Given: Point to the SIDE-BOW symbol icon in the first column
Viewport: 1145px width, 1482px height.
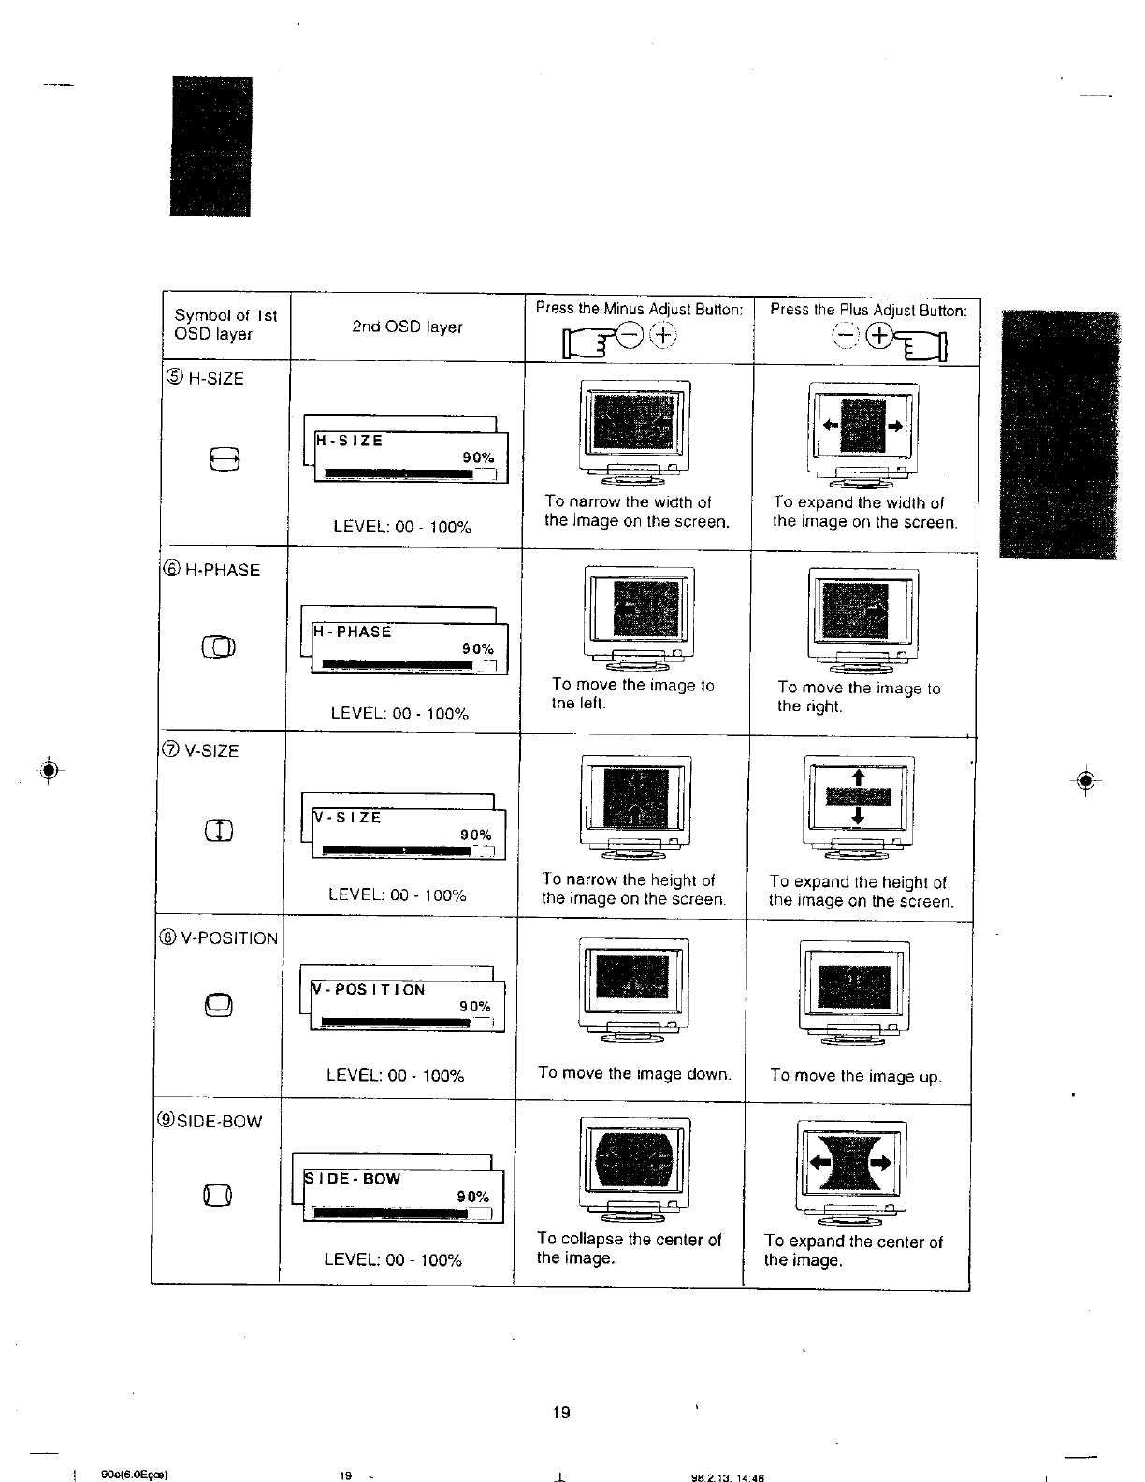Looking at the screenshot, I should click(218, 1194).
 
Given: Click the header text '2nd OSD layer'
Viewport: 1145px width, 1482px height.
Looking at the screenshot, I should click(408, 327).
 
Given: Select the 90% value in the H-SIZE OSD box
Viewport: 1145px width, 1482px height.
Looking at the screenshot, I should click(478, 458).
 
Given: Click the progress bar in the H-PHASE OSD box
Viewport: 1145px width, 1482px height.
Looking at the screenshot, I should click(398, 664).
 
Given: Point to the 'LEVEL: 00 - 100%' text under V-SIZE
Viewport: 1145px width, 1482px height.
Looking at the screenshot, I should click(398, 895).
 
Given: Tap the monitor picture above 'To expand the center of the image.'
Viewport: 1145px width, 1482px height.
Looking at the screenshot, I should click(851, 1170).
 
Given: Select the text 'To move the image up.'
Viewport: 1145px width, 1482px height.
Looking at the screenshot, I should click(855, 1076).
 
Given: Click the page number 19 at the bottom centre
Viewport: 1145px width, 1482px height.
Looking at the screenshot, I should click(561, 1413).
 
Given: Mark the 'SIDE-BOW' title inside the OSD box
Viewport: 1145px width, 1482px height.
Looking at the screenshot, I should click(354, 1179).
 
